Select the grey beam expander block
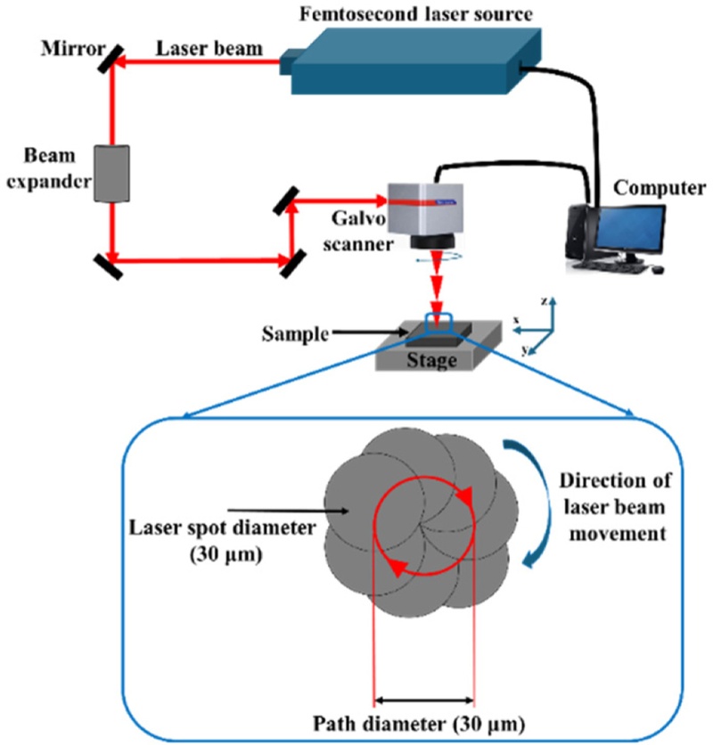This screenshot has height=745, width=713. [x=114, y=174]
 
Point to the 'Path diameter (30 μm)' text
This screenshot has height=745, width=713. [x=424, y=722]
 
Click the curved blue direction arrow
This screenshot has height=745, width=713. [x=539, y=499]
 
